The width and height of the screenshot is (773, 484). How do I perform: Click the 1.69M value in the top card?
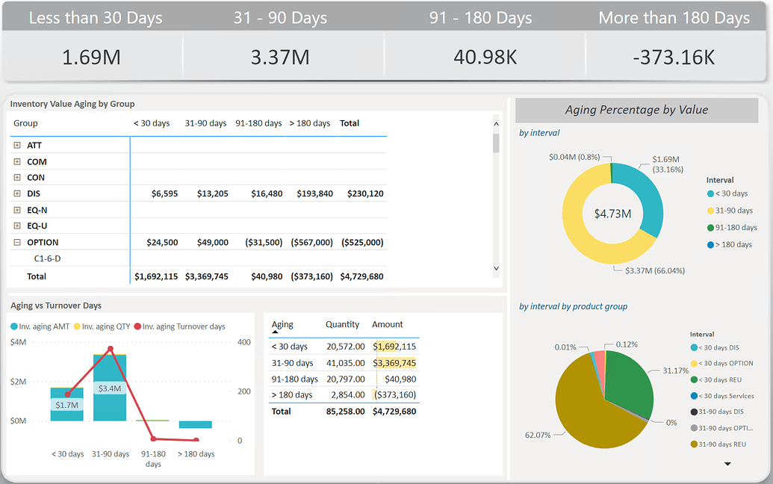point(92,58)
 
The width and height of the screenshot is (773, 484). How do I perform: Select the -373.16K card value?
point(674,58)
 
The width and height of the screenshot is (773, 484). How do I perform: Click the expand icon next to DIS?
point(17,193)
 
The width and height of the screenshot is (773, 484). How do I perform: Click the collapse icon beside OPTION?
point(17,242)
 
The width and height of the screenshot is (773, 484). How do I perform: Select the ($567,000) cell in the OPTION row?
point(310,242)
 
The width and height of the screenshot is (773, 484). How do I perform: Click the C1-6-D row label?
point(48,258)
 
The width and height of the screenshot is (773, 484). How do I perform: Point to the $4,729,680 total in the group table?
point(361,276)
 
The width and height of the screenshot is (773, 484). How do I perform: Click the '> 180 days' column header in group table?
point(309,123)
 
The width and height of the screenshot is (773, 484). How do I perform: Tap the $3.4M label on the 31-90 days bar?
point(109,388)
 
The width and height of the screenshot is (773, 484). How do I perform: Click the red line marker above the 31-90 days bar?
point(111,349)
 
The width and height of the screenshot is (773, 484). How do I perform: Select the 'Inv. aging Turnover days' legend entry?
point(184,326)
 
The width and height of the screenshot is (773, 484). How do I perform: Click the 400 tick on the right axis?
point(244,342)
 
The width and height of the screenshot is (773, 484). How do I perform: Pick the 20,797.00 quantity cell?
point(345,379)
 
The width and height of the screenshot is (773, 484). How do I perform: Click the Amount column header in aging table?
point(387,324)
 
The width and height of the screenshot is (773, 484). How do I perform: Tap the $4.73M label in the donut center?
point(612,214)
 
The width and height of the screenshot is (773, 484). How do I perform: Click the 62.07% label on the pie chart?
point(538,435)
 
